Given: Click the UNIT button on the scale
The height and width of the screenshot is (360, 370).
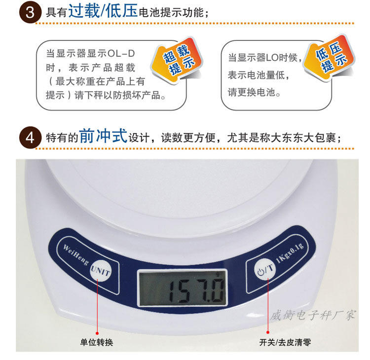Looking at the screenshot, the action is point(101,271).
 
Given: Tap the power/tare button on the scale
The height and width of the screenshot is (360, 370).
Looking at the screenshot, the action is point(265,269).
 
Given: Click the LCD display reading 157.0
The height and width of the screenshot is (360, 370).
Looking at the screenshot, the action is point(182,288).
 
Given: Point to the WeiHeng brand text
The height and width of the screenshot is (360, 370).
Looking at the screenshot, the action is point(76,255).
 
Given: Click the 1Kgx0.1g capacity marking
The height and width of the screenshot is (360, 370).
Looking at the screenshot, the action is point(290,253).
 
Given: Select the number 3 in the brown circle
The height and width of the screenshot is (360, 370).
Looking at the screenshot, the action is point(30,12).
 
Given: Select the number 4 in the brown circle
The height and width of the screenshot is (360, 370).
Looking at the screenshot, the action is point(30,138).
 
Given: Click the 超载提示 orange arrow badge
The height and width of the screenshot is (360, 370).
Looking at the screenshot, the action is point(177,60).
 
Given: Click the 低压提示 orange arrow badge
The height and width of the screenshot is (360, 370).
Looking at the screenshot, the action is point(329,58).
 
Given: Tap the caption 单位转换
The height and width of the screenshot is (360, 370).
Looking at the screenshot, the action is point(97,342).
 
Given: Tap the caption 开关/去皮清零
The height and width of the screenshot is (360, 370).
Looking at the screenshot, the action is point(285,342).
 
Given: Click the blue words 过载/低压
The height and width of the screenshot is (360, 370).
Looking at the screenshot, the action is point(103,11).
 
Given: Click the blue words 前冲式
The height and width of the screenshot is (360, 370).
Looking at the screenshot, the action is point(104,136).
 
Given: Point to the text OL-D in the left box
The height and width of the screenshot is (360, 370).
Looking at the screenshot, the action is point(121,54).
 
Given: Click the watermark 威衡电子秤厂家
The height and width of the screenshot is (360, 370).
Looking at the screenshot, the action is point(313,315).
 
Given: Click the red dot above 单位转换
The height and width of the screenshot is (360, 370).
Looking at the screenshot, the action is point(97,333).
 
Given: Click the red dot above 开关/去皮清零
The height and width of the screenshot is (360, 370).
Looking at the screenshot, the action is point(268,332).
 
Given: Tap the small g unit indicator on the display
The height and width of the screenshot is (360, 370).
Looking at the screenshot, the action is point(218,274).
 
